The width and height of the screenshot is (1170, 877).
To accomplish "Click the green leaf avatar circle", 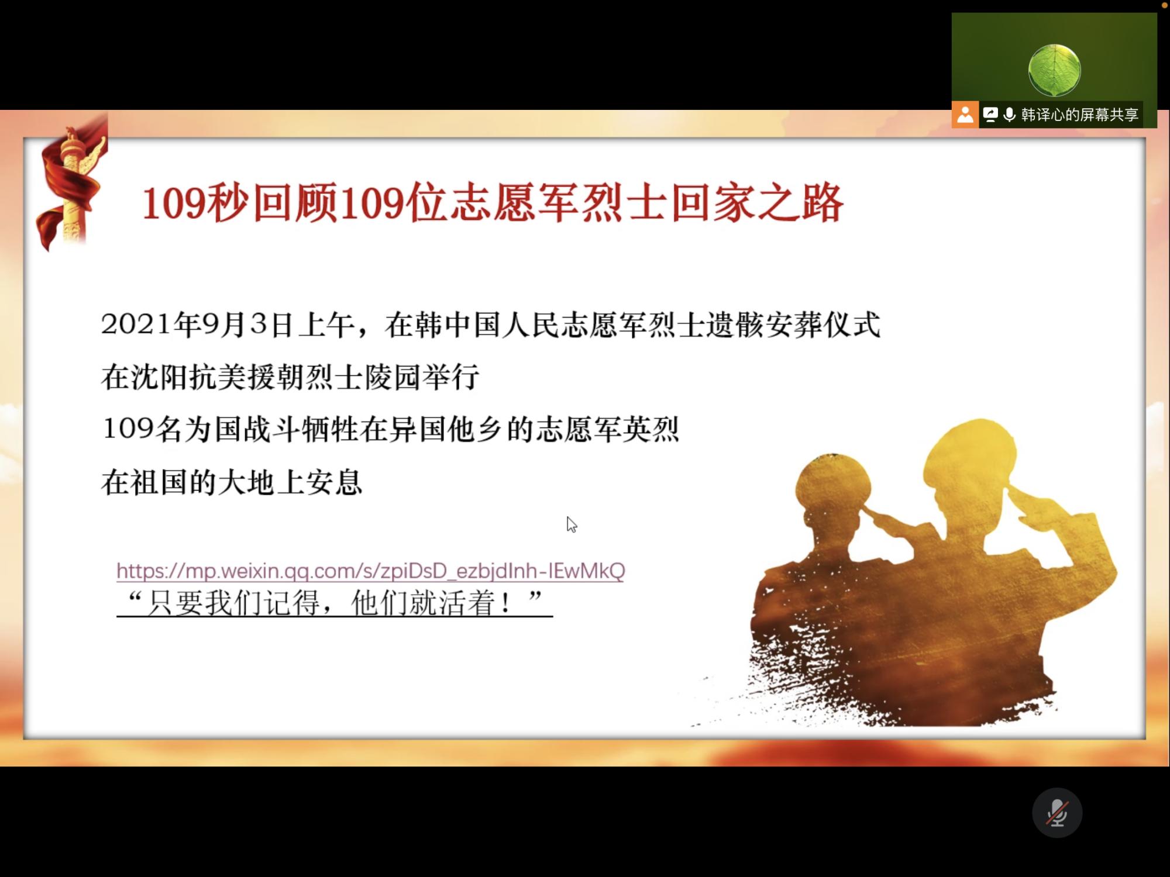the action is pyautogui.click(x=1054, y=70).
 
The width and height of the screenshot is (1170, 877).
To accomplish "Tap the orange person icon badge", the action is pyautogui.click(x=965, y=115).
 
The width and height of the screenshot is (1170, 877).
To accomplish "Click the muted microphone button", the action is pyautogui.click(x=1057, y=813).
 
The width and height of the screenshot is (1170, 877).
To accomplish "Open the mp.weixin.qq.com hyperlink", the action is pyautogui.click(x=371, y=570).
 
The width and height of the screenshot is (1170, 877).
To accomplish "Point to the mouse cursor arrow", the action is pyautogui.click(x=572, y=524).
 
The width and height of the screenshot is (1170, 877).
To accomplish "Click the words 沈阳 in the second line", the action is pyautogui.click(x=159, y=377).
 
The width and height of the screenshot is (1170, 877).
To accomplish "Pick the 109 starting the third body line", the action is pyautogui.click(x=128, y=429).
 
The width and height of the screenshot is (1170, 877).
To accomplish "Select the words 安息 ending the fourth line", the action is pyautogui.click(x=334, y=482).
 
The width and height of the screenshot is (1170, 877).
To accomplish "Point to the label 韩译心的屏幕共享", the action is pyautogui.click(x=1080, y=115).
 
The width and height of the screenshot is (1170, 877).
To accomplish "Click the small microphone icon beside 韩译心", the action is pyautogui.click(x=1009, y=115).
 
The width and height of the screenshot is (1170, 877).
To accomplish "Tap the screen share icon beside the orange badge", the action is pyautogui.click(x=990, y=115).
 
